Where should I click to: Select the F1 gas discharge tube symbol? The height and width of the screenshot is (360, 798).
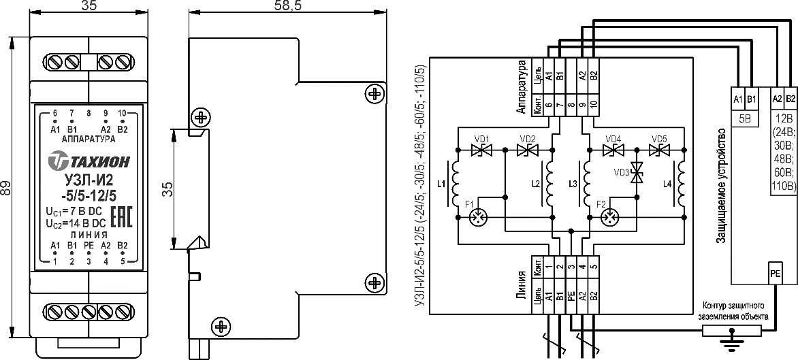(x=479, y=218)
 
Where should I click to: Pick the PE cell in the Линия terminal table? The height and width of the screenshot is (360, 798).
(x=571, y=295)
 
